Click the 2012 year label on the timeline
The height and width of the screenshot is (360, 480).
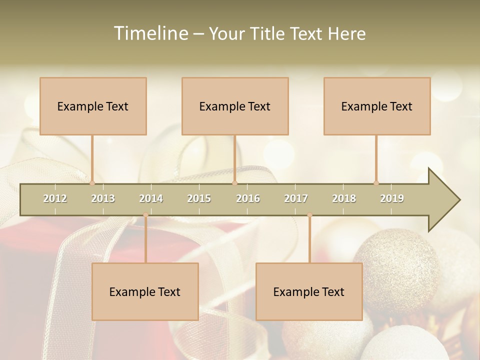(55, 198)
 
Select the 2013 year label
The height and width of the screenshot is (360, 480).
(103, 198)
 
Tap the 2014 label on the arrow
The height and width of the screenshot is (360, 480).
(151, 198)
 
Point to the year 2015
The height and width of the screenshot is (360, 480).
(199, 198)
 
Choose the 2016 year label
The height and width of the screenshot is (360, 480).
(248, 198)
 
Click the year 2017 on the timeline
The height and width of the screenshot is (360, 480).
(296, 198)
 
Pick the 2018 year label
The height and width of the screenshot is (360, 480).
(344, 198)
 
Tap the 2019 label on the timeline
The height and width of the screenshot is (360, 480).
(392, 198)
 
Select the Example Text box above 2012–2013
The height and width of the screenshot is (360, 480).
(93, 106)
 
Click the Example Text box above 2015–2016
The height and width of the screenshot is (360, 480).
(235, 106)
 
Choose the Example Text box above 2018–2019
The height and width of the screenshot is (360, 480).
(377, 106)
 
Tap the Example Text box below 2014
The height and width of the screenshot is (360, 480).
(145, 291)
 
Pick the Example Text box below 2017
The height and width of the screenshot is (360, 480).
(309, 291)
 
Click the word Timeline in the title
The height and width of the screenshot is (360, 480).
(150, 33)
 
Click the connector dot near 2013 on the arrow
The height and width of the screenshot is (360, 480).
(92, 183)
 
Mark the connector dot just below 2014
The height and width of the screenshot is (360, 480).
(145, 215)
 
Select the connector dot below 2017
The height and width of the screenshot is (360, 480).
(309, 215)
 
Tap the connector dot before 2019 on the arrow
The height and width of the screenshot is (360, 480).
(376, 183)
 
